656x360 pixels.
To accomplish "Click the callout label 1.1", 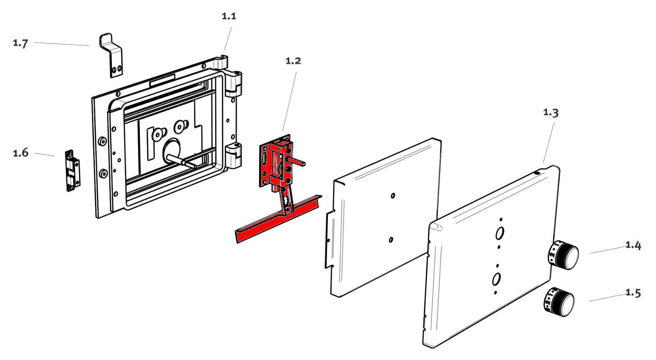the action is (x=229, y=16).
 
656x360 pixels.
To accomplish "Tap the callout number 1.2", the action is (x=293, y=61).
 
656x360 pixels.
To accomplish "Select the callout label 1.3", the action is (x=551, y=113).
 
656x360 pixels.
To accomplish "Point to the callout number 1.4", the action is (x=633, y=245).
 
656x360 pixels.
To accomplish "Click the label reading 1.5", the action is (x=633, y=293).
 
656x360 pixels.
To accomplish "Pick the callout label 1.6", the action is (x=21, y=153).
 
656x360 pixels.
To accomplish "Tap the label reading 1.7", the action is (x=21, y=43).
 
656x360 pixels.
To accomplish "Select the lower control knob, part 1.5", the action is (x=558, y=302).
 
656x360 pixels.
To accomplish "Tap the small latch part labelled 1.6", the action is (x=72, y=170).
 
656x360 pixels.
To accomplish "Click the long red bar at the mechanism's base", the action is (x=277, y=220).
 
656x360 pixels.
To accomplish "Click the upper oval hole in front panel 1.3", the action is (x=500, y=233).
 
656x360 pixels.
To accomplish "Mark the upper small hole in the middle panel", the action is (x=393, y=195).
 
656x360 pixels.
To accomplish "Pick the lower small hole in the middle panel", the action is (x=391, y=239).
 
